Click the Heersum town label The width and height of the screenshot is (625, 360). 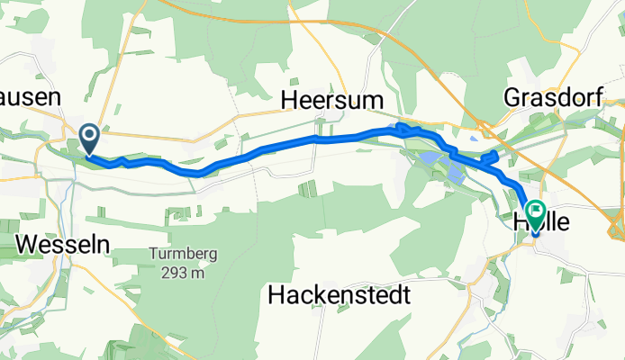[x=335, y=98]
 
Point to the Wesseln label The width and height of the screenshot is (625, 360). [x=50, y=243]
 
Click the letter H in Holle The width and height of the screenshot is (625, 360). [x=516, y=221]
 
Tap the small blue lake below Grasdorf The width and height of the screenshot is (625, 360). [x=475, y=139]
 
